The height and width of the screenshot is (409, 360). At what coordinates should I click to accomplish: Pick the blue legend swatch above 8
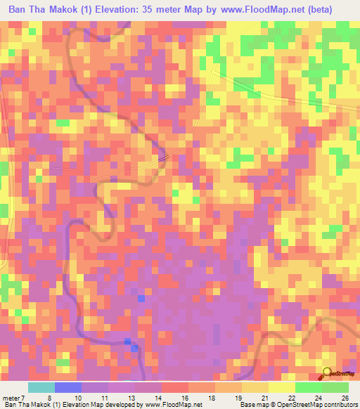[x=68, y=387]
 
